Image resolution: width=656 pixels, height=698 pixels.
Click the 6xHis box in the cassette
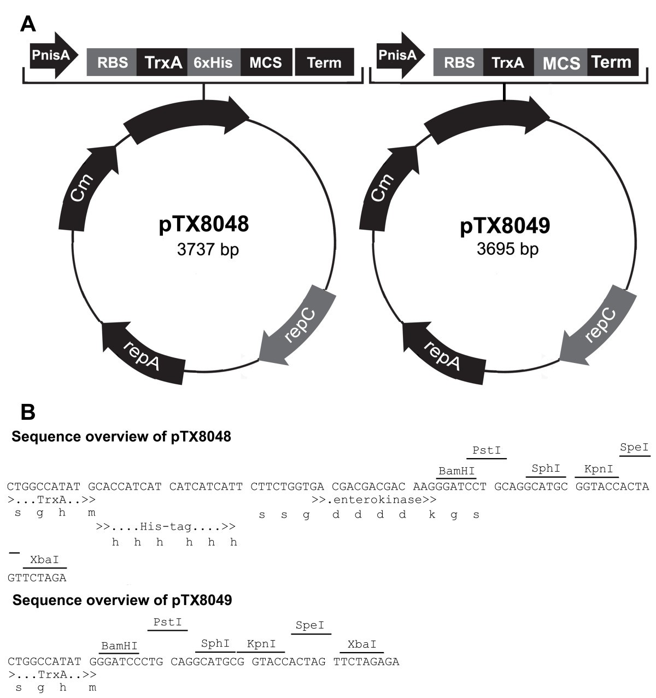214,62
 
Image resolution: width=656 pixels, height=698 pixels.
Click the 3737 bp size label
208,250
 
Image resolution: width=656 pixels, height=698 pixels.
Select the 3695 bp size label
507,249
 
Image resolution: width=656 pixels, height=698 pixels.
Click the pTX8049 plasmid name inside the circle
505,226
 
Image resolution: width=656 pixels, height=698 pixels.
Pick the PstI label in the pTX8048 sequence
487,451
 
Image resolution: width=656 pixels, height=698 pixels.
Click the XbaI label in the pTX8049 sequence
362,644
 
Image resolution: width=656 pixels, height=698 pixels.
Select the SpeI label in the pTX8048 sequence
634,448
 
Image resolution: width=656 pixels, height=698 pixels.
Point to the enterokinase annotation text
374,500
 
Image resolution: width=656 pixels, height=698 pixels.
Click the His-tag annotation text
166,527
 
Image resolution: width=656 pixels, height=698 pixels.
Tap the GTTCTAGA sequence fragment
37,577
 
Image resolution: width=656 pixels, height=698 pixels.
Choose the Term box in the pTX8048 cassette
324,62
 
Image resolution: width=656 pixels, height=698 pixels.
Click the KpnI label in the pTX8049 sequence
261,644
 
